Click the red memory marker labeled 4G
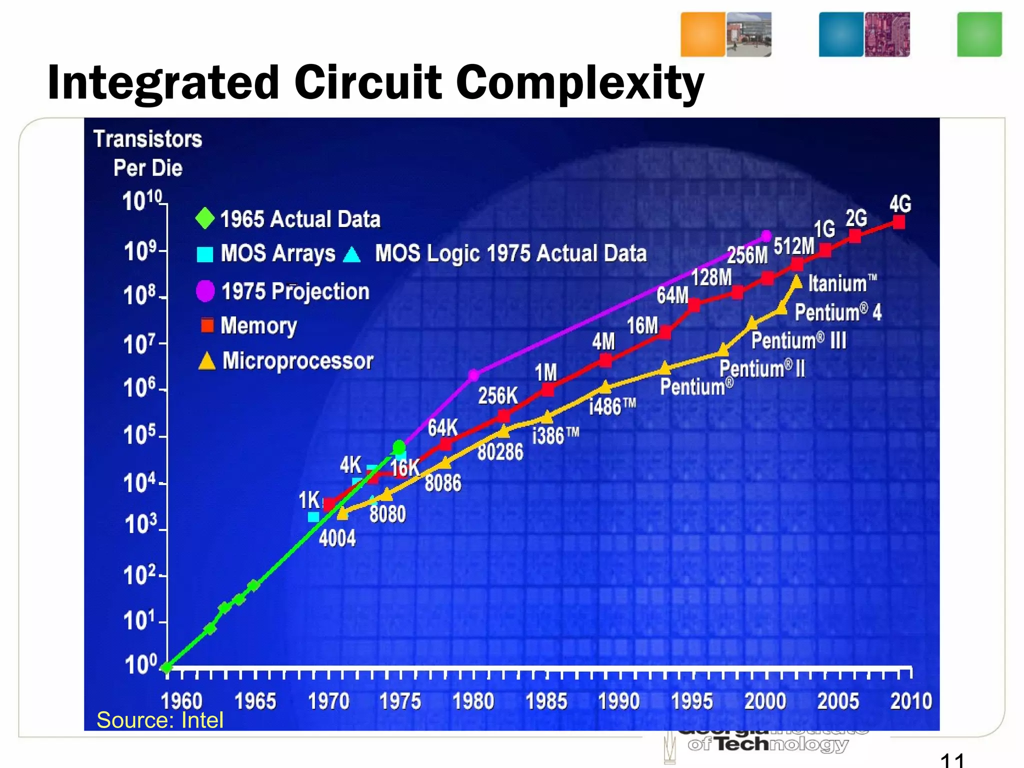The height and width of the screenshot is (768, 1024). pos(898,222)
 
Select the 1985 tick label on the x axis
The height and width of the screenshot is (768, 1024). pos(546,701)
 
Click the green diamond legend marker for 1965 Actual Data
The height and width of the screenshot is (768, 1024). pos(204,218)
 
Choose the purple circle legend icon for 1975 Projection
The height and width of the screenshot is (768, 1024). pos(205,291)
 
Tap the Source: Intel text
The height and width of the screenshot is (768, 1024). pos(159,720)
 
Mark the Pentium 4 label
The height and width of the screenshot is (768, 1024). pos(838,312)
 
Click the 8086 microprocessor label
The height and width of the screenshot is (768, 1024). pos(443,483)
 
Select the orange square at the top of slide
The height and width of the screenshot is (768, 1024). pos(702,34)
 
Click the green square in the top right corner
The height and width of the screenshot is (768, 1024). pos(979,34)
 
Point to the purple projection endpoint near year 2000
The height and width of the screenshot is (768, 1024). pos(766,236)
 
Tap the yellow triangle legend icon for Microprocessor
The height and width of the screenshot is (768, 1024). pos(206,361)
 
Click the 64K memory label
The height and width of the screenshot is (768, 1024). pos(442,428)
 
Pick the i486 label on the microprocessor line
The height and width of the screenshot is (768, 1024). pos(612,406)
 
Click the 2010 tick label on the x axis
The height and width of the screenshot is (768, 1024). pos(910,701)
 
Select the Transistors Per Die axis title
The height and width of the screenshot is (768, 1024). pos(148,153)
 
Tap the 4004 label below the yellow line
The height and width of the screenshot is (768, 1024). pos(337,538)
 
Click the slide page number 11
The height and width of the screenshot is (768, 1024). pos(951,760)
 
